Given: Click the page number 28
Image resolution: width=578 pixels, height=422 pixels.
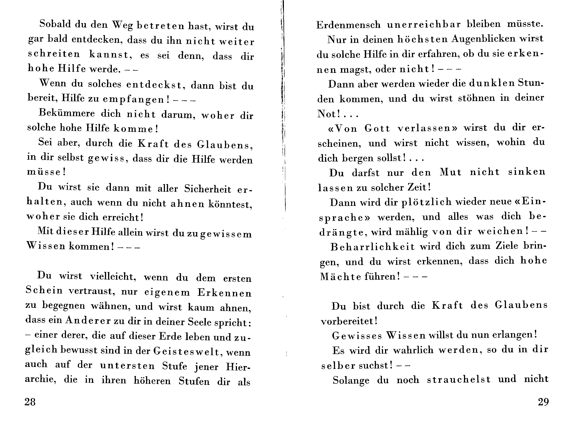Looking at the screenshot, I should (x=30, y=402).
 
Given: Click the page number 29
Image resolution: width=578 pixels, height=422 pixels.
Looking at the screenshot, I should (x=543, y=402).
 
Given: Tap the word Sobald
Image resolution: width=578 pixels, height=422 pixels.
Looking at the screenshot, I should (x=55, y=24).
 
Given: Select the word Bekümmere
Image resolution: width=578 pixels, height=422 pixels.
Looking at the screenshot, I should (x=67, y=113).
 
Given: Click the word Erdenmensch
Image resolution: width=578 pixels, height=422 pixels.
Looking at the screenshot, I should (x=348, y=25).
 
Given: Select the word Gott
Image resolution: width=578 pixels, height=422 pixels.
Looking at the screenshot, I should (x=377, y=128).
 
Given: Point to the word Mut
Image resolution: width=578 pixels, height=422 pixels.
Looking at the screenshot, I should (x=450, y=172).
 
